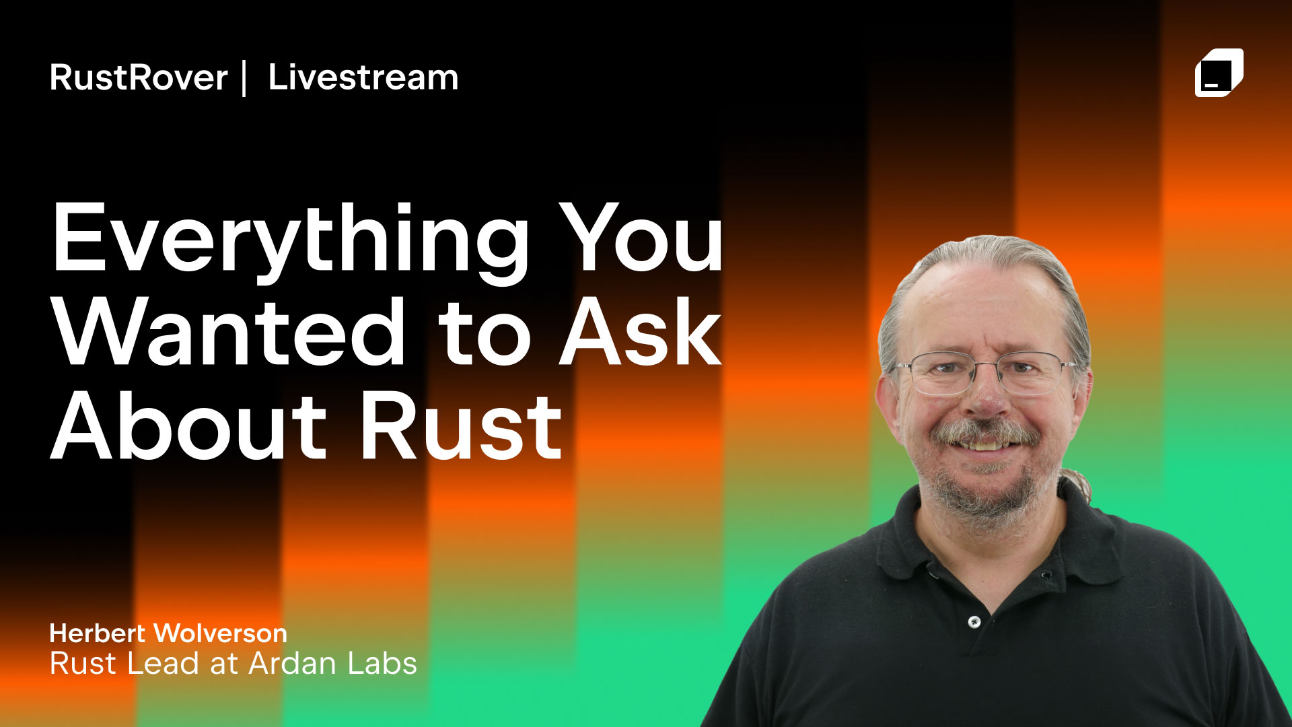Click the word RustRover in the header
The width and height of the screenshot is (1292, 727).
[x=139, y=77]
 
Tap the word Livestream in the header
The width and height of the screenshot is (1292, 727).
[x=363, y=77]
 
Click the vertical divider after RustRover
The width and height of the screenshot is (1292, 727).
[x=244, y=78]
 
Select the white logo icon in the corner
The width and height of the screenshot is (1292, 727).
[x=1219, y=73]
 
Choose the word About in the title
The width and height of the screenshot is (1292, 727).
[x=189, y=425]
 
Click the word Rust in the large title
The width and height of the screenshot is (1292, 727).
[x=461, y=425]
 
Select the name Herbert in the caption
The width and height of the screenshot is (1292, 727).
[x=98, y=633]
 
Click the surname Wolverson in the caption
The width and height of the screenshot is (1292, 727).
[x=221, y=633]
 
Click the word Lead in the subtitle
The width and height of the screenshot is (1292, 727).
[x=163, y=664]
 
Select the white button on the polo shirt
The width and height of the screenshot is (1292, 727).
[x=974, y=622]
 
